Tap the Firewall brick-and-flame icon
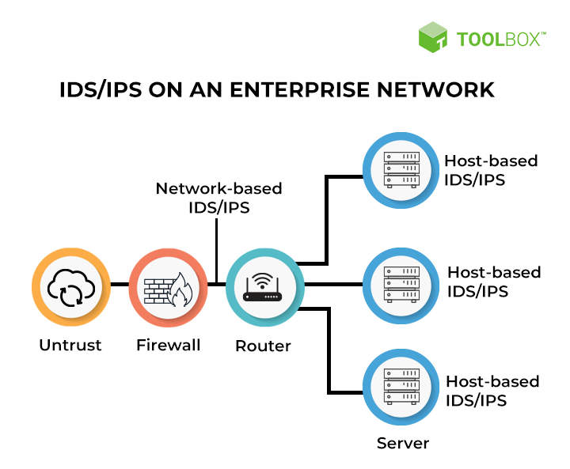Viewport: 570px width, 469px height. point(168,285)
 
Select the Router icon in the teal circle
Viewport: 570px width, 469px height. point(264,285)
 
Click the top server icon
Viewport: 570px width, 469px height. point(401,169)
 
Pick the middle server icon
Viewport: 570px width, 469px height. point(401,283)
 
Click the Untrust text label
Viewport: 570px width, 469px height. point(71,346)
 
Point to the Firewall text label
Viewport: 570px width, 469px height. point(168,346)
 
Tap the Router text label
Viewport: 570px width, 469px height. point(264,346)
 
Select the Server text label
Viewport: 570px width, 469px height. point(403,442)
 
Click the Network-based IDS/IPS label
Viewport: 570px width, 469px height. point(218,198)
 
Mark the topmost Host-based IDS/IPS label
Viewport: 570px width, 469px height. point(491,170)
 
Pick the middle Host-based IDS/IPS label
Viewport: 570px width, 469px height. point(494,282)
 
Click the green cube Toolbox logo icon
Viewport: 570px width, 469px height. point(433,37)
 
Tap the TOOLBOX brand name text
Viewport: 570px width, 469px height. point(500,38)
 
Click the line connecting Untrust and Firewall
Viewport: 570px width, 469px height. point(119,284)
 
